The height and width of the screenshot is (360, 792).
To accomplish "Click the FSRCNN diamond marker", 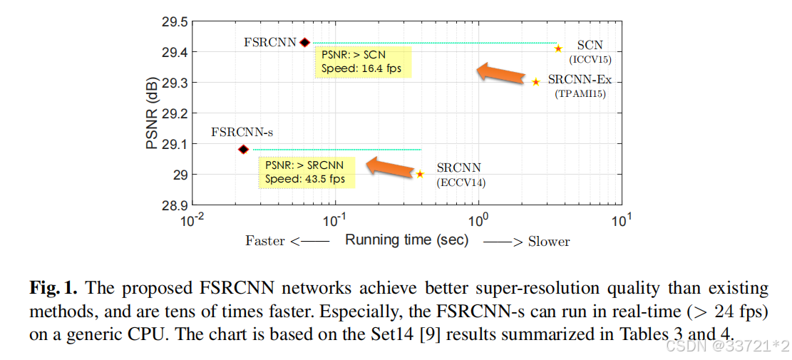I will [x=305, y=43].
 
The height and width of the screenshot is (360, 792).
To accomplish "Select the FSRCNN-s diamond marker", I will [x=244, y=149].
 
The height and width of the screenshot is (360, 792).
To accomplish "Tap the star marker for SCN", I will [x=558, y=48].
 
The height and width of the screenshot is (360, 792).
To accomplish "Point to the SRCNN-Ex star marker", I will [x=536, y=82].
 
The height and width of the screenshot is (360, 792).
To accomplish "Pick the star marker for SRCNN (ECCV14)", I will [x=420, y=174].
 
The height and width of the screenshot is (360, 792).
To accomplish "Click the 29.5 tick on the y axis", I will [x=175, y=22].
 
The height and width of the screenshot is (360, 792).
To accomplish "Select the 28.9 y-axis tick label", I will [x=175, y=205].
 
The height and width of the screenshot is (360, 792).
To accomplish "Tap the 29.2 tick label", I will [x=175, y=113].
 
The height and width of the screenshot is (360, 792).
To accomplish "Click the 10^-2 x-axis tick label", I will [x=192, y=221].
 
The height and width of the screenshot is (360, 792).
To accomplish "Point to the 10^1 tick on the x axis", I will [x=621, y=221].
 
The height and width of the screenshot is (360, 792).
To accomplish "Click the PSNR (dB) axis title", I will [x=152, y=114].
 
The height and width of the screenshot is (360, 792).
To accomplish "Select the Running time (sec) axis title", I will [x=406, y=240].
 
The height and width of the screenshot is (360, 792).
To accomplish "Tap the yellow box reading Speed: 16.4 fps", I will [x=364, y=63].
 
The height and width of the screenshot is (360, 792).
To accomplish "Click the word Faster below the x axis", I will [x=265, y=241].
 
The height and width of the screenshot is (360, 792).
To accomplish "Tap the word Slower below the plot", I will [x=549, y=242].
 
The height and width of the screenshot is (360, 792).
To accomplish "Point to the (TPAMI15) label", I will [x=580, y=93].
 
